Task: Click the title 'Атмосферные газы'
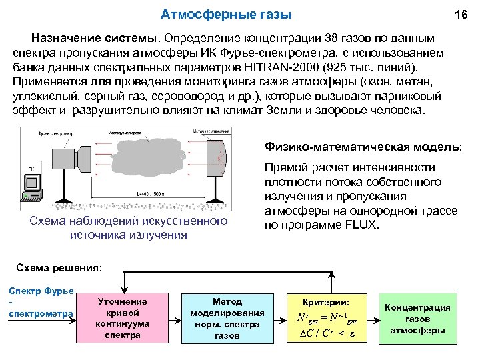click(x=227, y=14)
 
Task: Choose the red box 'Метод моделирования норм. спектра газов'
click(x=227, y=318)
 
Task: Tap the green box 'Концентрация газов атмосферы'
click(x=420, y=318)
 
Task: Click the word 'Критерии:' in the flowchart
click(x=325, y=302)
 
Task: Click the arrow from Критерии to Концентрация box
click(x=370, y=318)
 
